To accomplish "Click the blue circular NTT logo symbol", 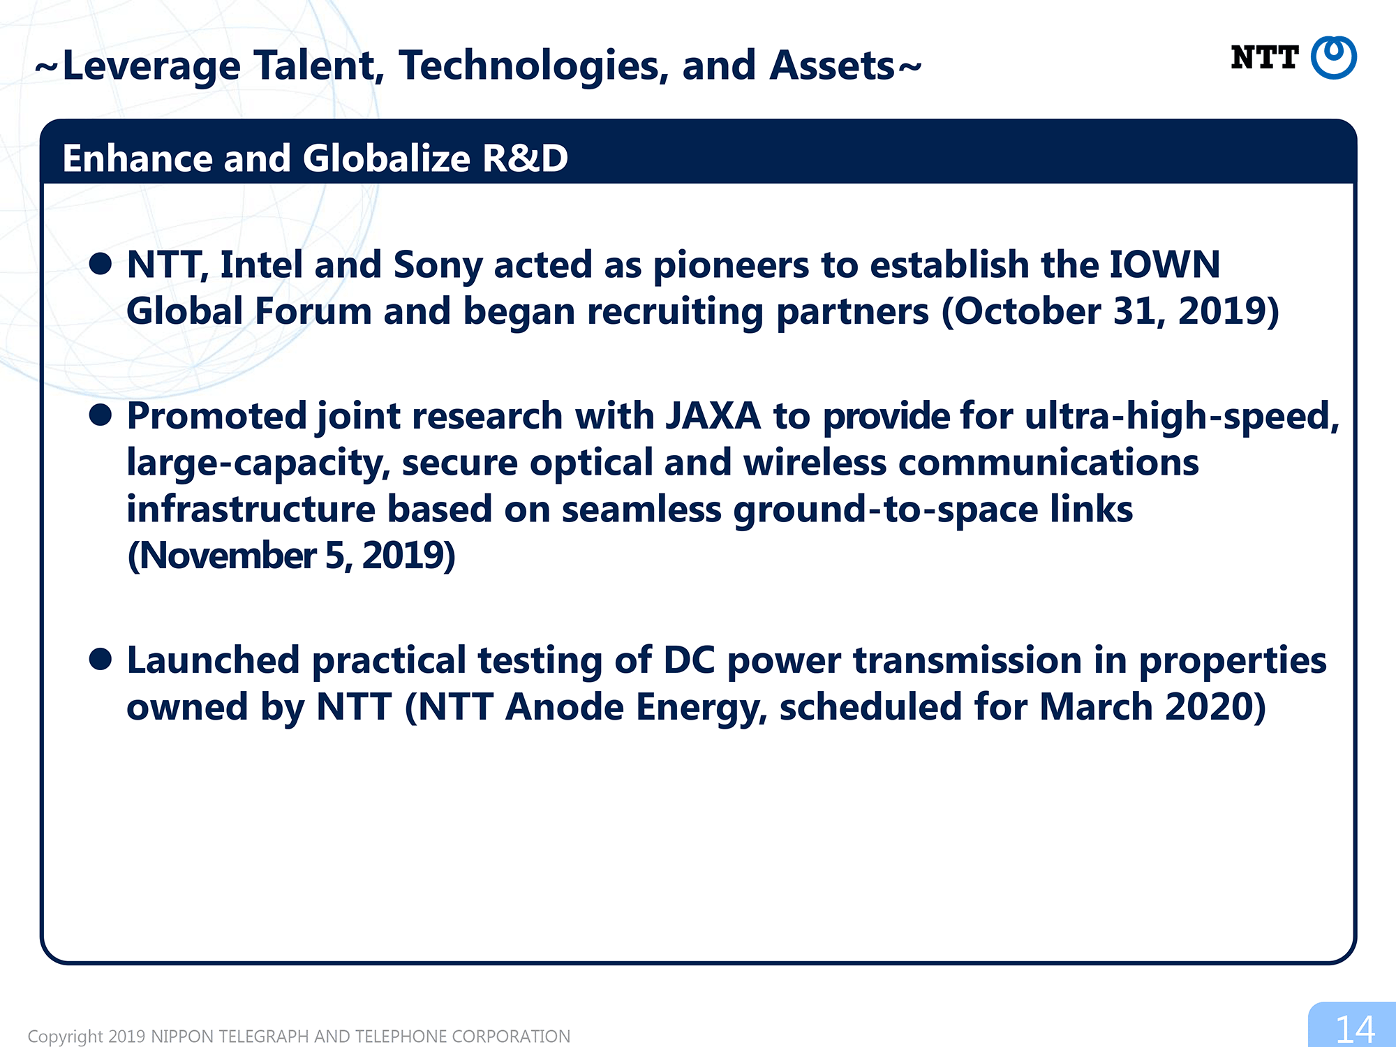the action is (1333, 57).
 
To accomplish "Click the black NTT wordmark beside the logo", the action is (1264, 57).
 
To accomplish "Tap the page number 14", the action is (1355, 1029).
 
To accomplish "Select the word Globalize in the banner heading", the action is (386, 158).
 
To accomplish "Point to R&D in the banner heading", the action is (525, 158).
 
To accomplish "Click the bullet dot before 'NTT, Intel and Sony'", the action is (101, 264).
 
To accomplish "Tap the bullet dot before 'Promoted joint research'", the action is (101, 415).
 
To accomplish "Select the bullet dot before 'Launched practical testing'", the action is (101, 659).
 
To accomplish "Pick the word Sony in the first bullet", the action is (438, 267).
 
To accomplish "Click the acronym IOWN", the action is (1164, 265).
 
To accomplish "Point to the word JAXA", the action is (713, 416).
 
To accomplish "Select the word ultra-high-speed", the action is (1182, 417).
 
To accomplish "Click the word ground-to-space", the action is (885, 511).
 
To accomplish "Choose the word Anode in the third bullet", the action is (564, 708).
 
